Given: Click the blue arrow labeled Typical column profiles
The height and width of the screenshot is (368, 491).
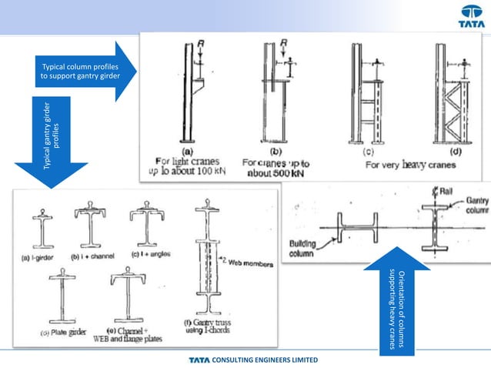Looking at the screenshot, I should click(84, 72).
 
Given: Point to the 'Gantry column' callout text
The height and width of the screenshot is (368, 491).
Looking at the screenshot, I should click(475, 204).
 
